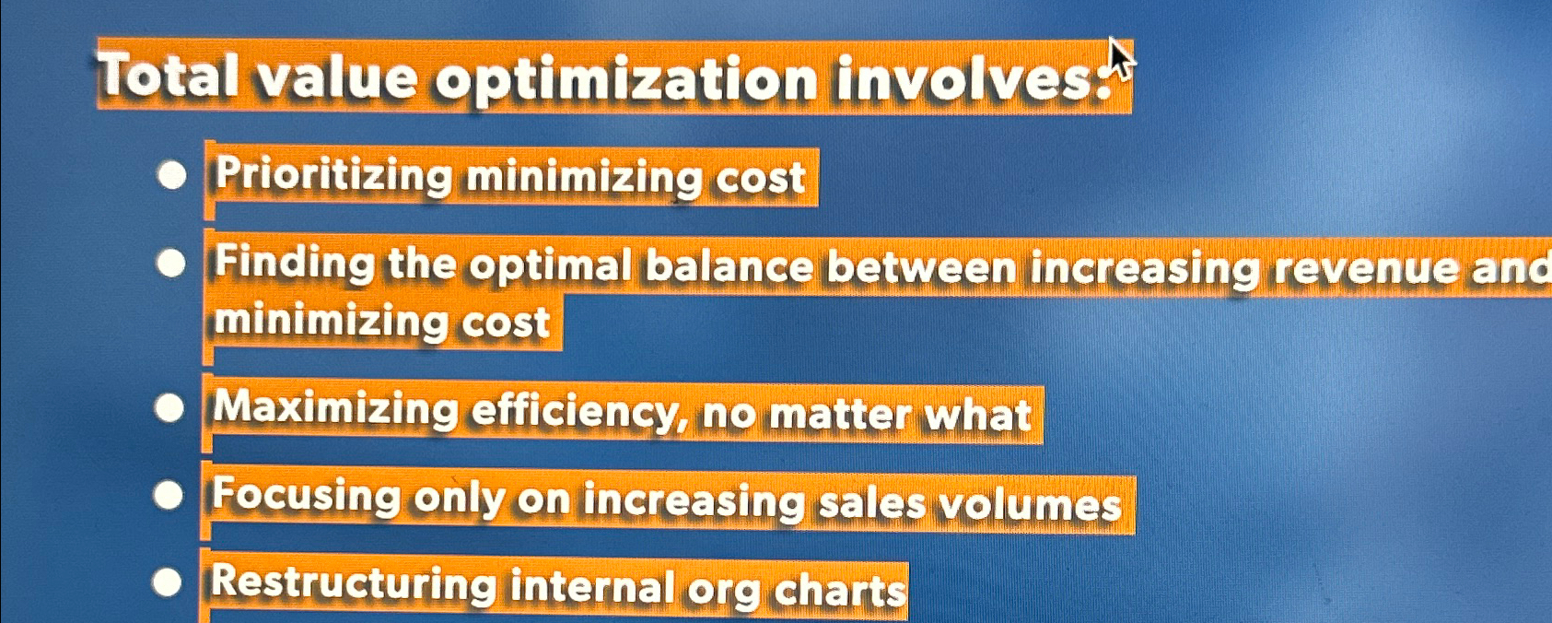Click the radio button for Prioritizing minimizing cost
point(172,175)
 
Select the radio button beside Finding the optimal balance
point(171,264)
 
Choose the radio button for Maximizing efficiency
point(169,408)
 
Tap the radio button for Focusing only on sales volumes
point(169,496)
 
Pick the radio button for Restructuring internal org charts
point(168,582)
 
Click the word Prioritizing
point(333,175)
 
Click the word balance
point(729,268)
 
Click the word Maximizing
point(335,408)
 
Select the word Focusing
point(306,496)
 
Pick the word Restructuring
point(353,584)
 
